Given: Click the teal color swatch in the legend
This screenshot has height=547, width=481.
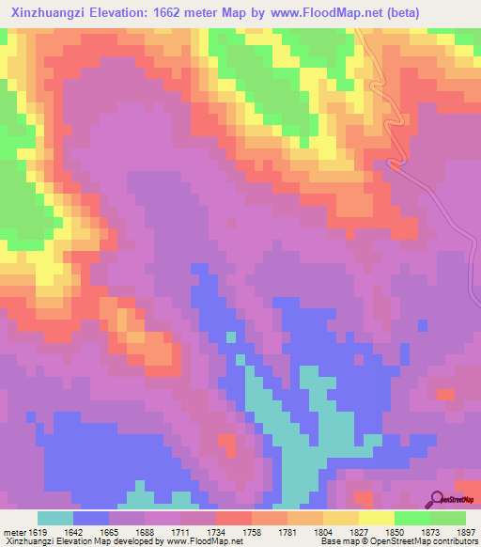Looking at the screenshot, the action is (x=55, y=518).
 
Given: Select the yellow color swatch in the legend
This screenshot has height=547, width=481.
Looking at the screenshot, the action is (x=377, y=518).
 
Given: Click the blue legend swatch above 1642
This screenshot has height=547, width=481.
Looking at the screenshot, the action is (x=91, y=518).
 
